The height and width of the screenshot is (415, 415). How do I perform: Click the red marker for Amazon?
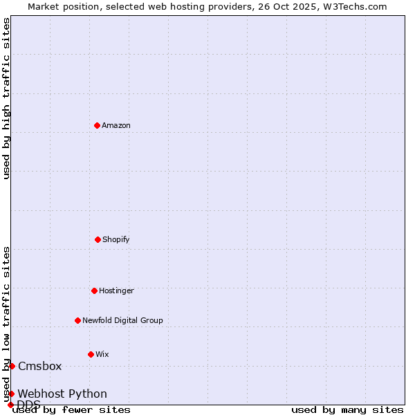[97, 125]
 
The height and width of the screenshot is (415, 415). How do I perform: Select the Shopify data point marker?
[98, 239]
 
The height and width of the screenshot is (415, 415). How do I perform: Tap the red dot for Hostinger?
[94, 290]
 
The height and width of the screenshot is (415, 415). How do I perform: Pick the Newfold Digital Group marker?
[77, 320]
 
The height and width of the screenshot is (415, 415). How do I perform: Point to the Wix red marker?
[91, 354]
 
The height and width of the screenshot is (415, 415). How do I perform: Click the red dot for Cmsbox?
[12, 366]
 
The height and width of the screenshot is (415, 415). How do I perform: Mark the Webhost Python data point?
[11, 394]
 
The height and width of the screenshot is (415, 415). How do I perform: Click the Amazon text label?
[116, 125]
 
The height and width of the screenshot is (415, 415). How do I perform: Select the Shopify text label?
[116, 239]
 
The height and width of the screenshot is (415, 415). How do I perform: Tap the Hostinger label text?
[116, 290]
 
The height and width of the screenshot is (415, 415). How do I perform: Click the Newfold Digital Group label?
[122, 320]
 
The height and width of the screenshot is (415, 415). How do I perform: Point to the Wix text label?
[102, 354]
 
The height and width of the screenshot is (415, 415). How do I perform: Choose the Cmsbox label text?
[40, 366]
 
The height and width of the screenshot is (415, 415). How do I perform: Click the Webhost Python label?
[62, 394]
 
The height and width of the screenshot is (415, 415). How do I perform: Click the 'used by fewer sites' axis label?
[71, 409]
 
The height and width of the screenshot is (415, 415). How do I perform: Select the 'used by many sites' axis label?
[347, 409]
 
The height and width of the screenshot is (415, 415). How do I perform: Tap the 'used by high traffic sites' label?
[6, 98]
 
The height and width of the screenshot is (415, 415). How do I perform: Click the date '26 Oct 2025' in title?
[293, 6]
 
